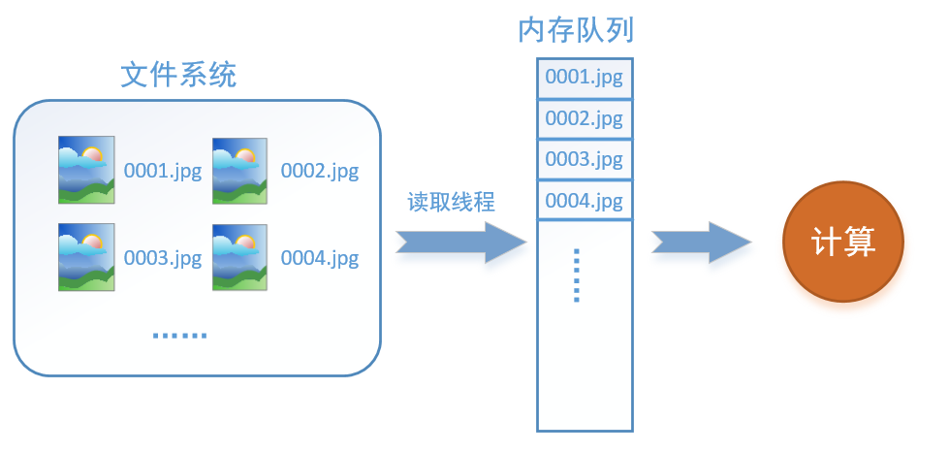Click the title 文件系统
point(177,75)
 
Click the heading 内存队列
point(576,30)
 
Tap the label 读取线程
point(451,202)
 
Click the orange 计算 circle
point(843,242)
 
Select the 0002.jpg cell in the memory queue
point(585,118)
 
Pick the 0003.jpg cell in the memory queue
point(585,160)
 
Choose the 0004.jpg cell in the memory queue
point(585,201)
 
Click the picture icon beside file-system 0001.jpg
point(86,170)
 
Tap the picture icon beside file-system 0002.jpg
point(239,170)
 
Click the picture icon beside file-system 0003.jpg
point(86,257)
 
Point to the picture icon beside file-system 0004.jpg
point(239,257)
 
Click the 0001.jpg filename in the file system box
point(163,172)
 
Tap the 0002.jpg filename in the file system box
point(320,172)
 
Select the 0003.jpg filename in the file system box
point(163,258)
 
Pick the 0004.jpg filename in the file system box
point(320,258)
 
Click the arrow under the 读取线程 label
point(460,243)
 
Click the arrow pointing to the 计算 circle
point(702,242)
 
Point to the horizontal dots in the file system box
point(179,336)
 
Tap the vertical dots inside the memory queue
point(576,275)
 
